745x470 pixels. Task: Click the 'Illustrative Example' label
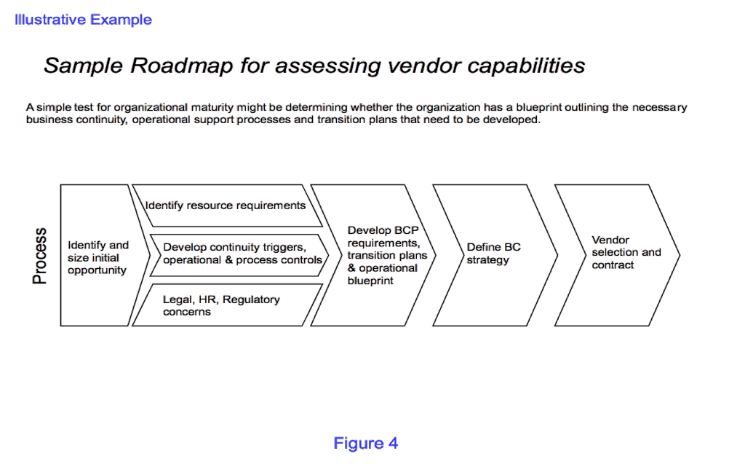coord(83,20)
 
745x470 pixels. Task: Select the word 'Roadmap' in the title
coord(181,66)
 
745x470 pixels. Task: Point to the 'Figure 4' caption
coord(365,443)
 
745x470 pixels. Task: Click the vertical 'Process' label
coord(40,256)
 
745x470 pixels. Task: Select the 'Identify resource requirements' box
coord(227,205)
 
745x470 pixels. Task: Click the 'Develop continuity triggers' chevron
coord(239,256)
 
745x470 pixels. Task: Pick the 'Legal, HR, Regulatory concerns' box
coord(227,305)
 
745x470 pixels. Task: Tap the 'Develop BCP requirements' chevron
coord(373,256)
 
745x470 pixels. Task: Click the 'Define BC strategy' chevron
coord(495,256)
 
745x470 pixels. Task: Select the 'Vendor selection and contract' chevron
coord(617,256)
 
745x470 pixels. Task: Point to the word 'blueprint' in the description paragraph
coord(539,108)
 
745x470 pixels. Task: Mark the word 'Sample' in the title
coord(84,66)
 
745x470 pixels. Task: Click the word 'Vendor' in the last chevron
coord(610,240)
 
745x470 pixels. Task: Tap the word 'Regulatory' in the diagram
coord(251,299)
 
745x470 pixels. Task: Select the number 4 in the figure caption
coord(393,443)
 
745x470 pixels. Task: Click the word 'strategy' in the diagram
coord(488,260)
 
